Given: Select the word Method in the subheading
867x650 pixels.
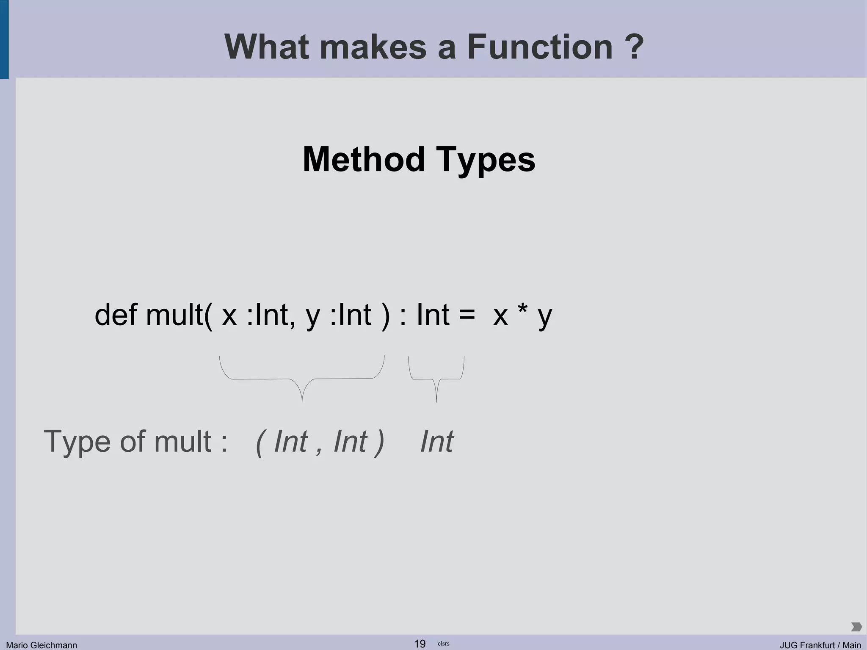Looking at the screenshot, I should click(x=364, y=160).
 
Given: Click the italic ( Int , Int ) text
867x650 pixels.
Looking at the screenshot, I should click(x=320, y=442).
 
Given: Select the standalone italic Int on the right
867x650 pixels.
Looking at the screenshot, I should click(x=436, y=442).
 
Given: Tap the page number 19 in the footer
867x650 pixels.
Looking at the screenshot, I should click(x=420, y=644).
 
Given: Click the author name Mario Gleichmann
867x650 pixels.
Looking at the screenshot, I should click(x=41, y=645).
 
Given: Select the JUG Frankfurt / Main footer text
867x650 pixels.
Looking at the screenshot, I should click(x=820, y=645).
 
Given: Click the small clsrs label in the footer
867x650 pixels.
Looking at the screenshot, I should click(x=443, y=644).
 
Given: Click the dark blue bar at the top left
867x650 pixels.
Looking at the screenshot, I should click(x=4, y=39).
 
